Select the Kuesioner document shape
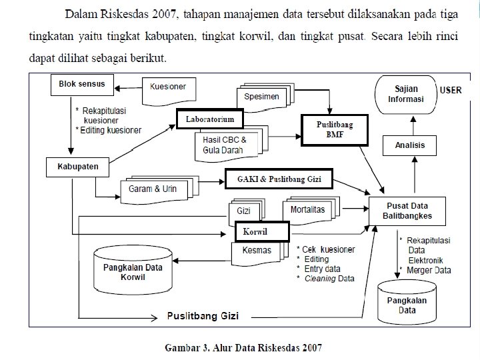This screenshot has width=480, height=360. click(x=169, y=88)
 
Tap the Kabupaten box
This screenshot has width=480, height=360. click(x=77, y=167)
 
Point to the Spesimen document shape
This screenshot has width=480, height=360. click(x=261, y=97)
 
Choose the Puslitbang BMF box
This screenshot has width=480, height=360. click(x=334, y=129)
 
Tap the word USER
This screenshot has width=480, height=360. click(x=451, y=90)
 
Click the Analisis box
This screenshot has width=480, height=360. click(x=405, y=145)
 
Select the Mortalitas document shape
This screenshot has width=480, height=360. click(x=308, y=209)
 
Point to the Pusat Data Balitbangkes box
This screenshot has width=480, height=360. click(x=407, y=211)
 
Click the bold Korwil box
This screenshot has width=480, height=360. click(x=261, y=231)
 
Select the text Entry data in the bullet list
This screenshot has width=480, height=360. click(x=321, y=269)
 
